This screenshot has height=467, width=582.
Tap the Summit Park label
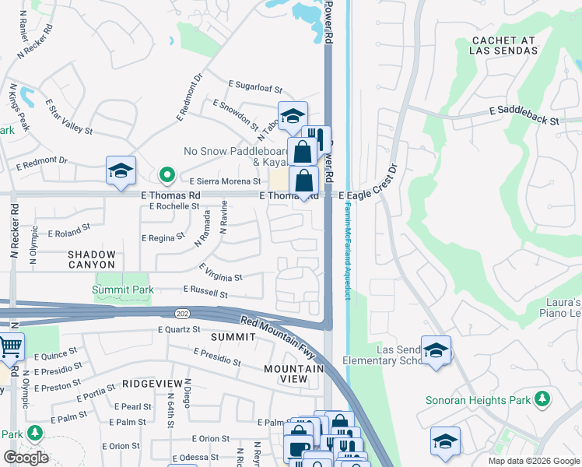pyautogui.click(x=123, y=290)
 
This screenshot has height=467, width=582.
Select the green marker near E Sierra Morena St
pyautogui.click(x=165, y=174)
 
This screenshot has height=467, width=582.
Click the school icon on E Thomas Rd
pyautogui.click(x=121, y=171)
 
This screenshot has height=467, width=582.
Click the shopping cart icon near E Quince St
pyautogui.click(x=10, y=347)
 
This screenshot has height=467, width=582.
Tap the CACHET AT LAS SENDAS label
pyautogui.click(x=503, y=44)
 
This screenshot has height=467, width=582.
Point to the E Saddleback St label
pyautogui.click(x=524, y=116)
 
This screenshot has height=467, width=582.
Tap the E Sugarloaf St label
pyautogui.click(x=254, y=86)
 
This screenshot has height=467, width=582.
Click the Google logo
pyautogui.click(x=26, y=457)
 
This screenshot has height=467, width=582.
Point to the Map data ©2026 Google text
pyautogui.click(x=533, y=461)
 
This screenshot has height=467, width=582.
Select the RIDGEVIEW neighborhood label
pyautogui.click(x=152, y=384)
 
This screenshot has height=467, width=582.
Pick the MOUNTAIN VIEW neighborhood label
pyautogui.click(x=294, y=374)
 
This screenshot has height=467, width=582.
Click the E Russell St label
pyautogui.click(x=205, y=292)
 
